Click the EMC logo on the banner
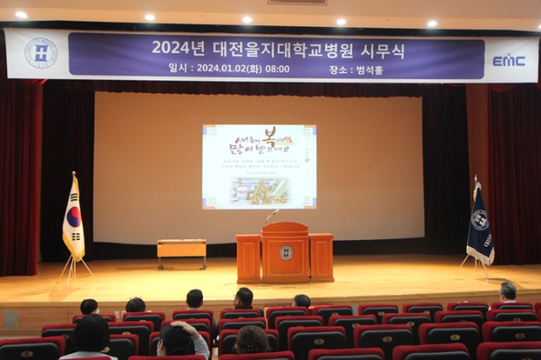[x=509, y=60]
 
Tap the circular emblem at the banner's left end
[x=41, y=53]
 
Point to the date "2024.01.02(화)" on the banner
[x=227, y=68]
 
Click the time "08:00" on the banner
[x=278, y=68]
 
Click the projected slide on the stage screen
[x=259, y=166]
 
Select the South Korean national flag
[x=73, y=219]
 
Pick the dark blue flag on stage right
[x=479, y=226]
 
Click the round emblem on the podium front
[x=285, y=253]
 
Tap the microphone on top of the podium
[x=270, y=215]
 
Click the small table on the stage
[x=181, y=249]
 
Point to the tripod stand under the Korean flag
[x=75, y=268]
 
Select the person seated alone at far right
[x=509, y=292]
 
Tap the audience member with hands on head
[x=181, y=339]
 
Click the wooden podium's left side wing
[x=249, y=258]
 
